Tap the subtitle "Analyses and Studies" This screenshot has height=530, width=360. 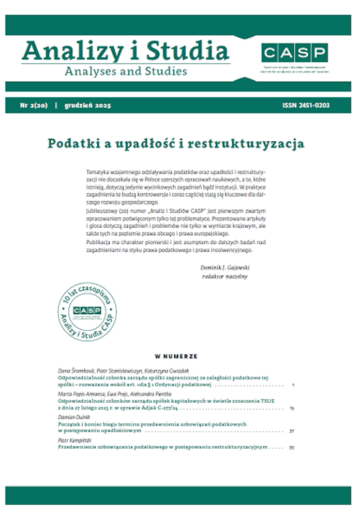click(126, 71)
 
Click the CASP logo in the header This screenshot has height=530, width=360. click(294, 52)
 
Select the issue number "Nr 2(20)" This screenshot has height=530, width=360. click(34, 106)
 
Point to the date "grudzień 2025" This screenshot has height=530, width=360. click(88, 106)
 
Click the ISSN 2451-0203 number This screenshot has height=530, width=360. click(306, 106)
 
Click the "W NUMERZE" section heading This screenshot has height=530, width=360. click(176, 356)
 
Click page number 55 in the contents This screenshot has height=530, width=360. click(291, 447)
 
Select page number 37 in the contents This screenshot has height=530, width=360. click(291, 431)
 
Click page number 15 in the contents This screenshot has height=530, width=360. click(292, 408)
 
